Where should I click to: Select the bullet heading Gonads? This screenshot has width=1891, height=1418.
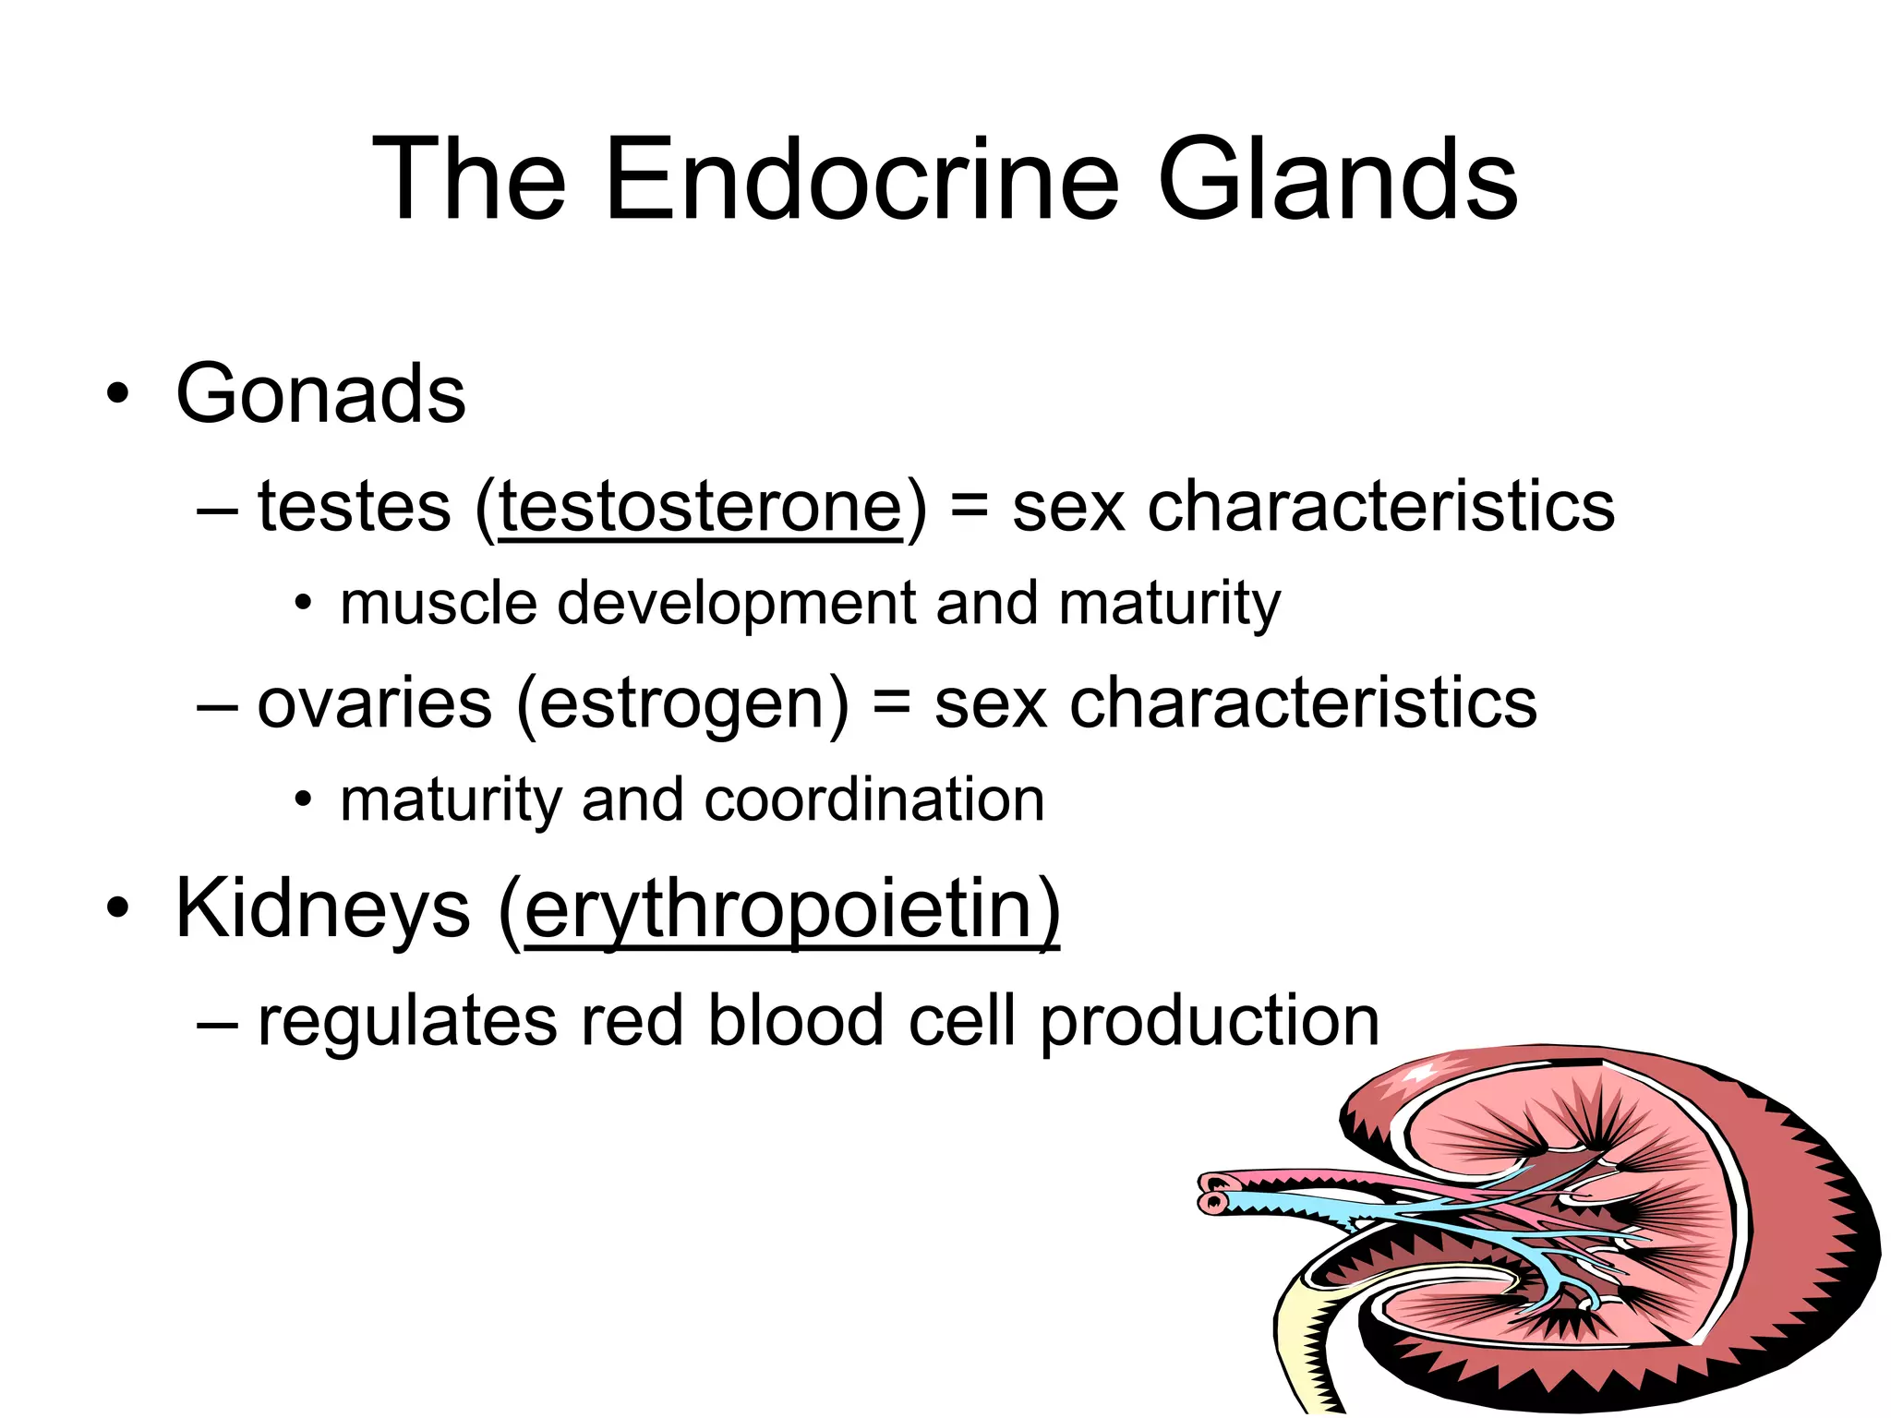pyautogui.click(x=320, y=394)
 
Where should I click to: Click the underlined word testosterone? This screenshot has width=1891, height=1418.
pyautogui.click(x=700, y=507)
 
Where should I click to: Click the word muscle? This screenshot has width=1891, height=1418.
pyautogui.click(x=439, y=604)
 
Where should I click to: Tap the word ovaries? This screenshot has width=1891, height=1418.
pyautogui.click(x=374, y=703)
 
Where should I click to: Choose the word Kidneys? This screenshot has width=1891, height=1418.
pyautogui.click(x=322, y=909)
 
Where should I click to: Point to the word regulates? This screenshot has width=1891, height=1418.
pyautogui.click(x=407, y=1022)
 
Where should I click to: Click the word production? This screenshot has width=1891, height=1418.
pyautogui.click(x=1210, y=1022)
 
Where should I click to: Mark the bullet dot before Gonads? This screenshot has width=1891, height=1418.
pyautogui.click(x=117, y=395)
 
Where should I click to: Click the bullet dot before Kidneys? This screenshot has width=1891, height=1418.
pyautogui.click(x=117, y=908)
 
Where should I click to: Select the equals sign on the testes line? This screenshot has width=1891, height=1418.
pyautogui.click(x=969, y=507)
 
